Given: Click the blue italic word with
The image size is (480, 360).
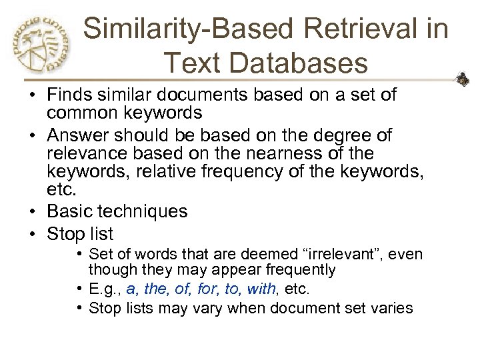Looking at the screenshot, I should (x=261, y=289).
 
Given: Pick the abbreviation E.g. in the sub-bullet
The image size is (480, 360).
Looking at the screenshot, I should (x=105, y=289).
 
